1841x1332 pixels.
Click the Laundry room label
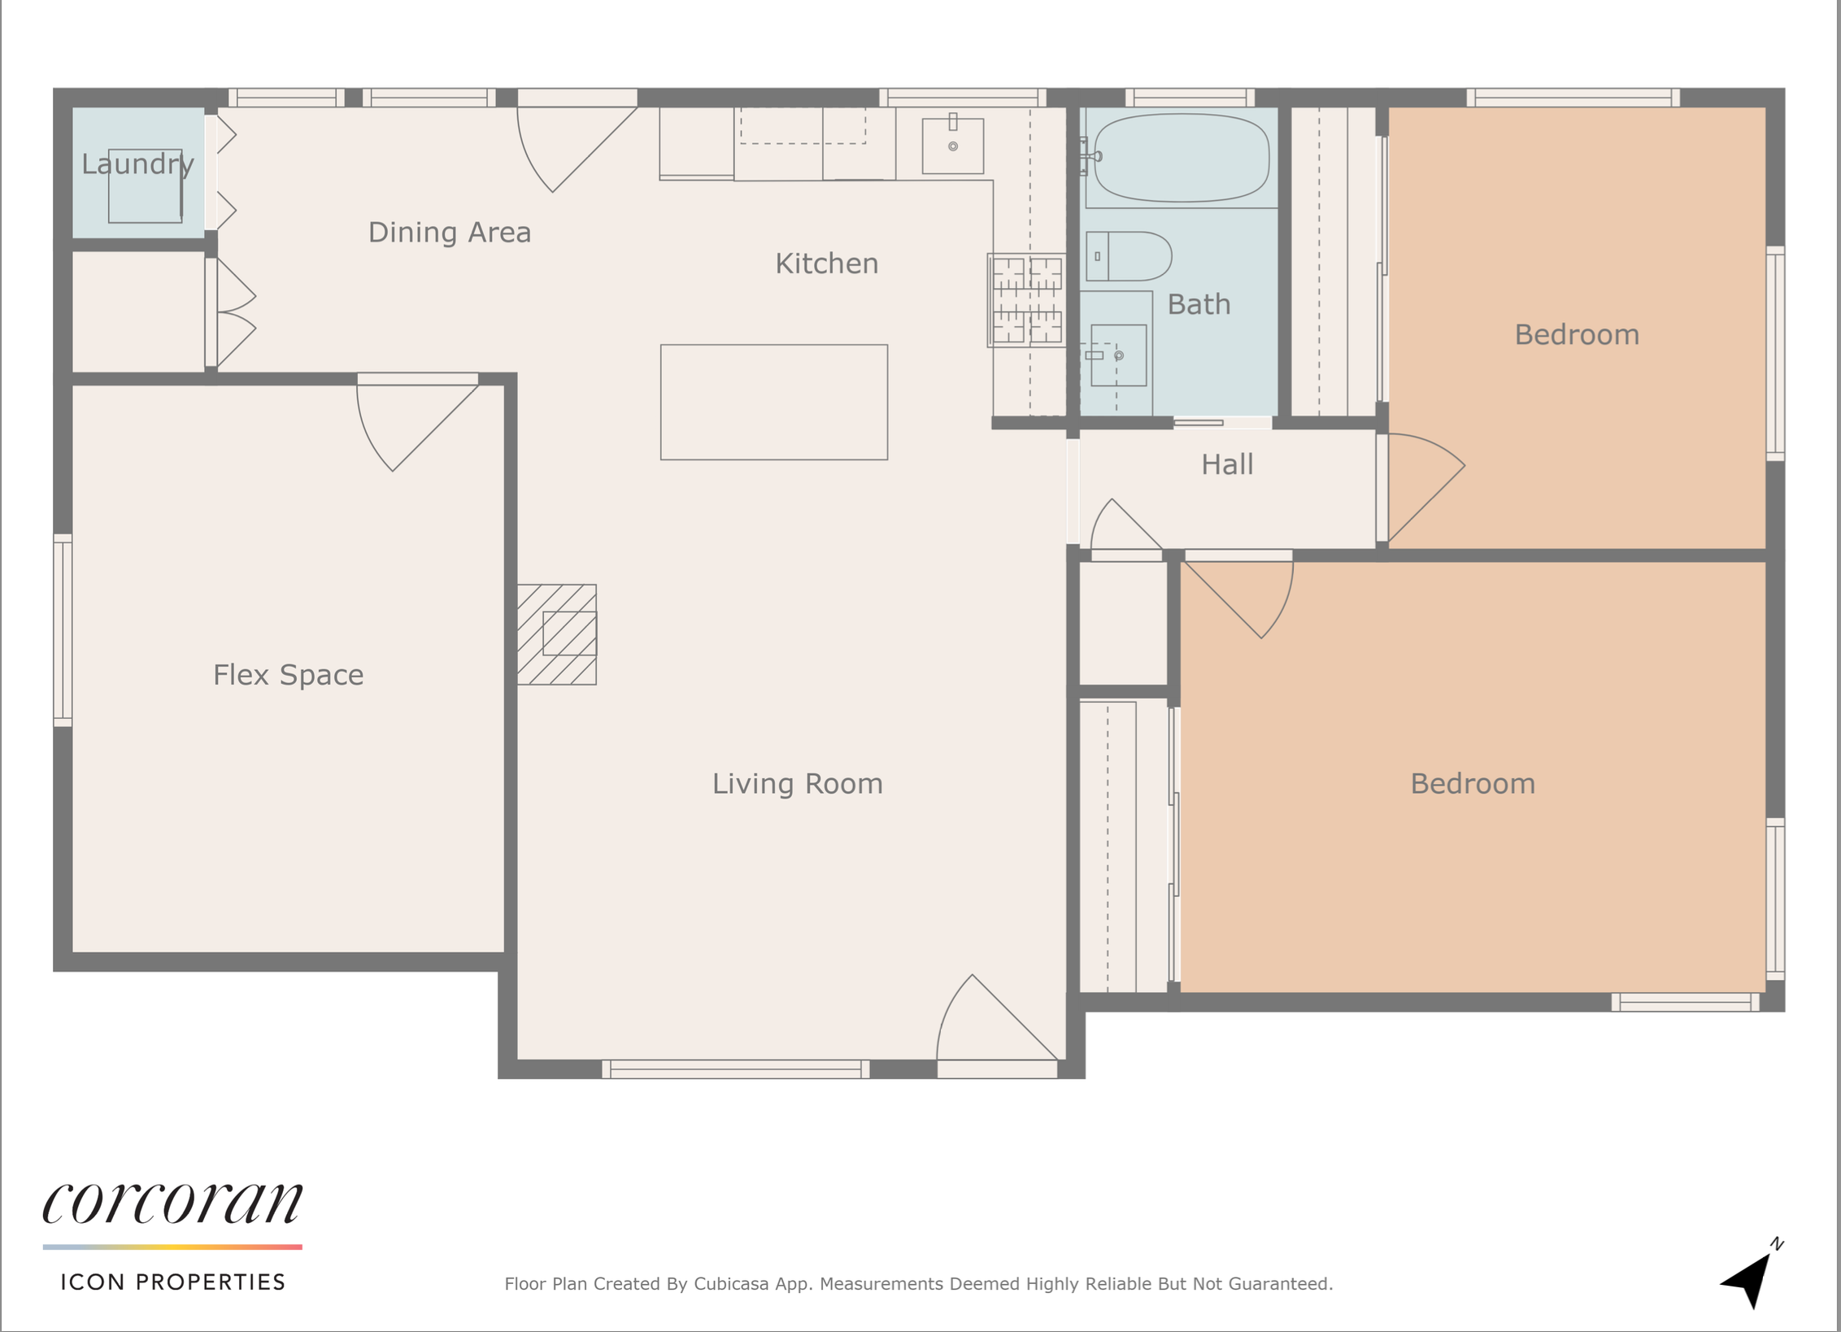tap(138, 165)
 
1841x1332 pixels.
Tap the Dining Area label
tap(450, 233)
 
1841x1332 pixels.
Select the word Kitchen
tap(827, 263)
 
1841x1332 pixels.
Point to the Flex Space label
tap(289, 675)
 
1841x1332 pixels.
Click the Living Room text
tap(798, 784)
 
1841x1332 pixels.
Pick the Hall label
tap(1227, 464)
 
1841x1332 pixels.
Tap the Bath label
tap(1199, 304)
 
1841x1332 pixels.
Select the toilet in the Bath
tap(1129, 256)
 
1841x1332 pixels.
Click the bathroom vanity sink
tap(1118, 355)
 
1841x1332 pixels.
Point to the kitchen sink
tap(953, 146)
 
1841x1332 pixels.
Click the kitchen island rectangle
tap(774, 403)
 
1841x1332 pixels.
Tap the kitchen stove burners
tap(1026, 300)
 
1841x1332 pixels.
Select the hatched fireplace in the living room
tap(557, 634)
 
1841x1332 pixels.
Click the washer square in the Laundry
tap(145, 186)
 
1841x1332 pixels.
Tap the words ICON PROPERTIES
tap(173, 1282)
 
